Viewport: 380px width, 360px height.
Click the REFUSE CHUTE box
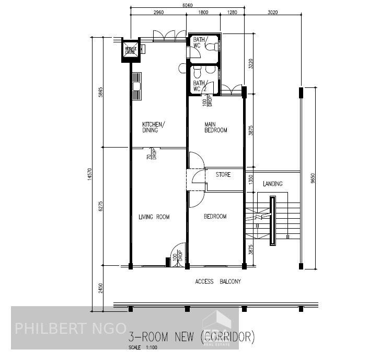point(130,51)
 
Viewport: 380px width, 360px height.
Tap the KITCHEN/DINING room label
point(154,127)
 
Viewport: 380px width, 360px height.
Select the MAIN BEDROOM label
point(216,127)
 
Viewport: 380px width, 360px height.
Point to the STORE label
point(223,175)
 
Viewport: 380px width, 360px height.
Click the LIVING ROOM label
point(154,217)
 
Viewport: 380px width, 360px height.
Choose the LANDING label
point(273,184)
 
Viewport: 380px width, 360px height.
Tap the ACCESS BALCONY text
point(218,282)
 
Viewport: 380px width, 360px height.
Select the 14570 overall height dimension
point(90,175)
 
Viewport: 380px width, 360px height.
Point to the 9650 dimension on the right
point(313,178)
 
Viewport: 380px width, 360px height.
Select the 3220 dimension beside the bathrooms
point(251,64)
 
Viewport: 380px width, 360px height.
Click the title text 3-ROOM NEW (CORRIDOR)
point(191,336)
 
